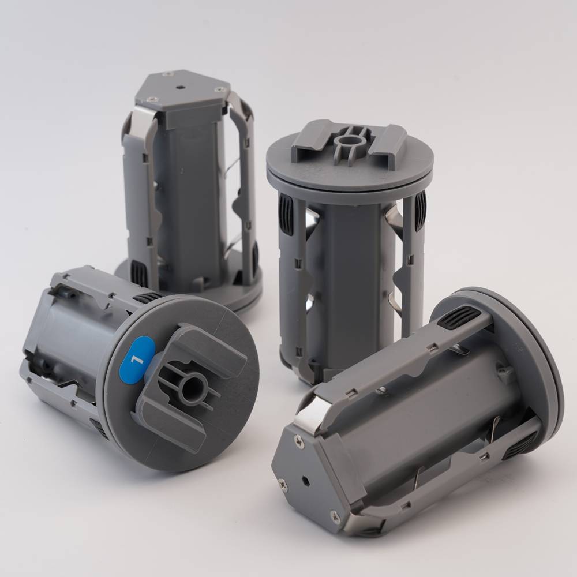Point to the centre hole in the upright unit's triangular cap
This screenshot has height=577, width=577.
tap(180, 88)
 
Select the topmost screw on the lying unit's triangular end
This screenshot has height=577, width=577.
tap(299, 441)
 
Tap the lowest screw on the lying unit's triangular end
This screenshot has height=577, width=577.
tap(336, 518)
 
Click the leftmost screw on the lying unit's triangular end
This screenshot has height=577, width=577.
tap(283, 485)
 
